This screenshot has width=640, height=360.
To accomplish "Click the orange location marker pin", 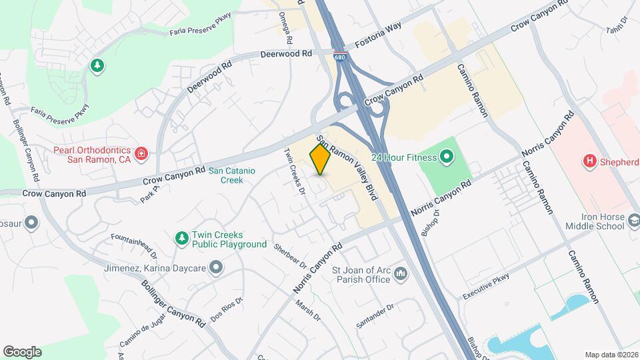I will tap(320, 159).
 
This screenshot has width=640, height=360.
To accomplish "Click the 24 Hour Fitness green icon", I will tap(446, 157).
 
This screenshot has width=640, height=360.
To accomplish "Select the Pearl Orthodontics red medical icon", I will tap(141, 155).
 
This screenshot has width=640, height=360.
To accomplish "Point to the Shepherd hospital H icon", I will tap(589, 161).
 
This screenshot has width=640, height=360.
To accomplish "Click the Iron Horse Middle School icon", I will tap(635, 220).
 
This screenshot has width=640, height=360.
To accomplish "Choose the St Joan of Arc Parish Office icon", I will tap(401, 273).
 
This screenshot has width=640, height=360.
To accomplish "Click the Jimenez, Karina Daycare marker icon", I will tap(215, 268).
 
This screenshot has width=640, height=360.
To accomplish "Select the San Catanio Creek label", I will tap(231, 175).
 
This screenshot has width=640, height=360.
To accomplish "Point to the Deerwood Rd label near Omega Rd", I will tap(286, 54).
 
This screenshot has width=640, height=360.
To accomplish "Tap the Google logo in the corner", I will tap(22, 352).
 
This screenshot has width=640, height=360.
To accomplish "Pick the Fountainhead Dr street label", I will tap(134, 245).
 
